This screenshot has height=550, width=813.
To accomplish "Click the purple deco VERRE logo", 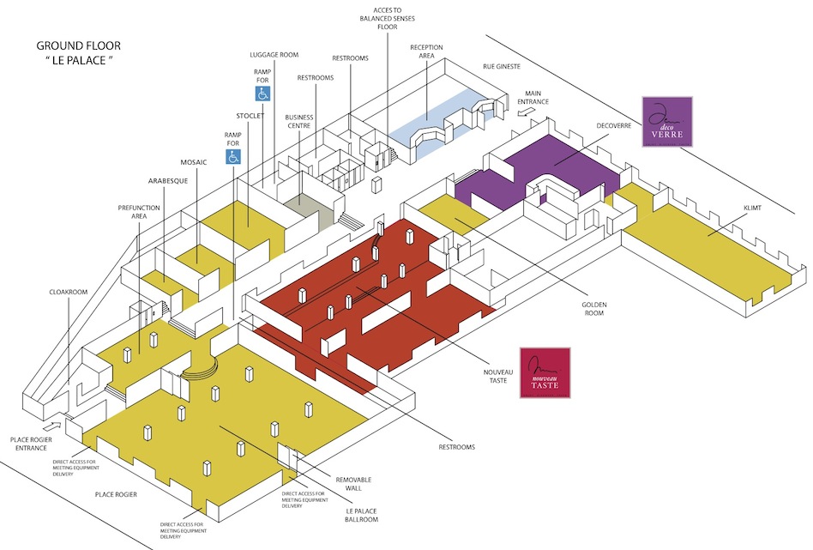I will (666, 121).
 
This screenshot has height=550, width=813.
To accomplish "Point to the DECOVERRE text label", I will (615, 125).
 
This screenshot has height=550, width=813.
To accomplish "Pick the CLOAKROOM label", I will (69, 292).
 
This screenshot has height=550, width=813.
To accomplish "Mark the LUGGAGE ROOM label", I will (274, 54).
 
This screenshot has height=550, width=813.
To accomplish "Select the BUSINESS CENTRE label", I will (299, 121).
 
